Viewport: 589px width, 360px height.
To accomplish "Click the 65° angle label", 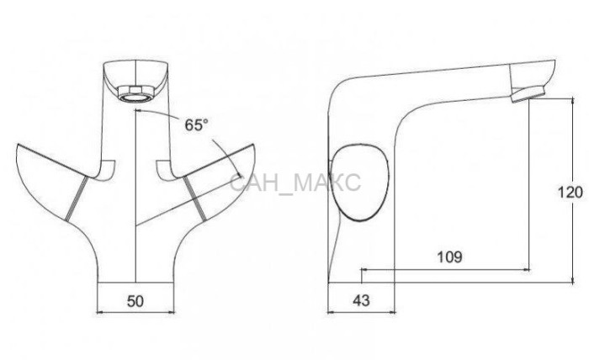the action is (196, 125).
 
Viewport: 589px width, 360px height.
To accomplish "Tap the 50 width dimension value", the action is (135, 301).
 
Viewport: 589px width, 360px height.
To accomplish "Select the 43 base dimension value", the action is (361, 300).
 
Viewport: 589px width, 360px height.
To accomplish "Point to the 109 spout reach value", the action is (449, 257).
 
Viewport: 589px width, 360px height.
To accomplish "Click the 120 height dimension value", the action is (570, 193).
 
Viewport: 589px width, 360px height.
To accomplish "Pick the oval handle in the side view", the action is (358, 182).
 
